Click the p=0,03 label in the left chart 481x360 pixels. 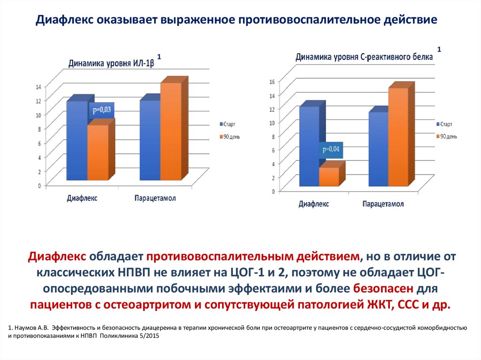coord(101,109)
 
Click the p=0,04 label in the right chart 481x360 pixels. coord(331,150)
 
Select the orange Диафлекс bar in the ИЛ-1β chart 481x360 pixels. coord(98,152)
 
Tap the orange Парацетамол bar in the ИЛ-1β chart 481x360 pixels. coord(171,131)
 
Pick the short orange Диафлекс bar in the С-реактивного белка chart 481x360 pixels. coord(329,176)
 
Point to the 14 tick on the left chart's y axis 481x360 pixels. coord(39,86)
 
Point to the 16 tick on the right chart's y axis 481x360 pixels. coord(271,82)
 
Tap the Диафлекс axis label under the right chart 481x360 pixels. coord(314,204)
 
